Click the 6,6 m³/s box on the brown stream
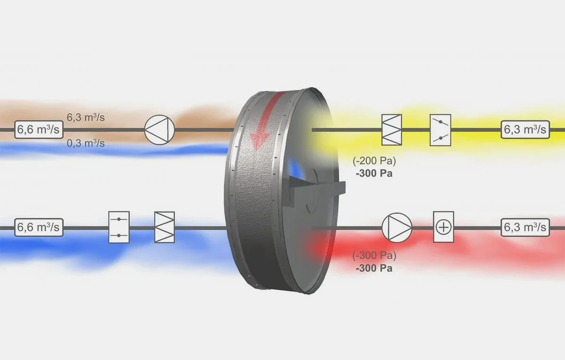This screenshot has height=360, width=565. coord(39,130)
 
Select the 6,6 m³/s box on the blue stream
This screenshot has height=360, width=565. coord(39,228)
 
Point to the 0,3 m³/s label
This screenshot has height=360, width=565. coord(85,143)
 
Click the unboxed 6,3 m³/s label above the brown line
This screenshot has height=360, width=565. coord(85,117)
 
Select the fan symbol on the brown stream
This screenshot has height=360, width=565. coord(159,130)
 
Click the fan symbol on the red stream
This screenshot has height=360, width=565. coord(396,228)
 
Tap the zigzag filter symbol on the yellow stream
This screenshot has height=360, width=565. coord(392,130)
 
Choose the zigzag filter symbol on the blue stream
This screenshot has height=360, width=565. coord(164,227)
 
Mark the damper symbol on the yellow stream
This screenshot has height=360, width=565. coord(440,130)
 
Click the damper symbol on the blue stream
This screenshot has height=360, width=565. coord(119,227)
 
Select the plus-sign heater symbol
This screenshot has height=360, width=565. coord(443,227)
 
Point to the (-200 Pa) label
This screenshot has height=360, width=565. coord(374,161)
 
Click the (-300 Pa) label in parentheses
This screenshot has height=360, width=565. coord(374,257)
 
